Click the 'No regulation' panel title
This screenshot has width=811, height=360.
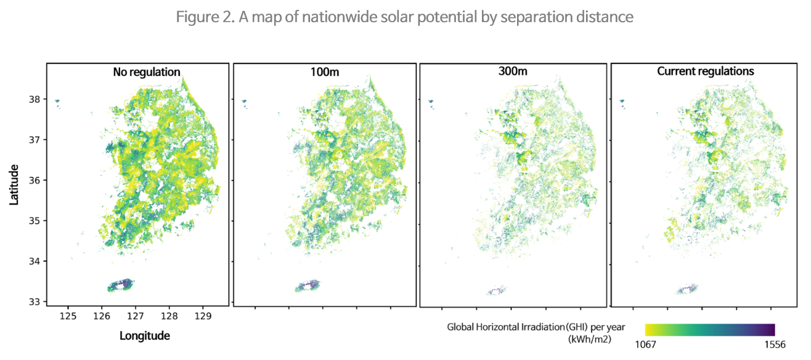(147, 72)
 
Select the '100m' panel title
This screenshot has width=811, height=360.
(325, 72)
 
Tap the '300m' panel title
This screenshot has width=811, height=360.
(512, 72)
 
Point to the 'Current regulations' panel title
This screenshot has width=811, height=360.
(706, 72)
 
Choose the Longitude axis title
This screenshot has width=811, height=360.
(144, 336)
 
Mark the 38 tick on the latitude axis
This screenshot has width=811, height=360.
(34, 99)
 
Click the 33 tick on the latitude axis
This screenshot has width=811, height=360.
(34, 301)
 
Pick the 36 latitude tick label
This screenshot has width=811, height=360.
(34, 181)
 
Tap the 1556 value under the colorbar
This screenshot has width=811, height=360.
(774, 345)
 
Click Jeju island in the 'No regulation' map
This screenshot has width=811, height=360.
(121, 285)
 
